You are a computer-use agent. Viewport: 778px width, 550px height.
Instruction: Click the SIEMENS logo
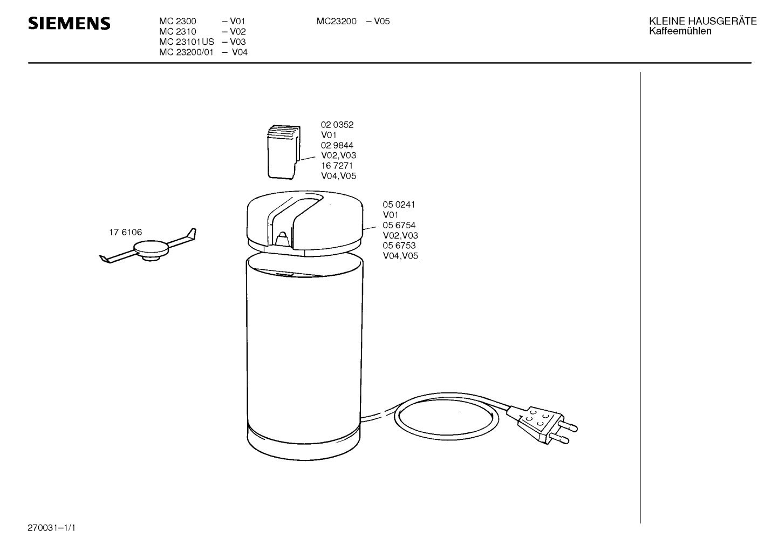coord(69,24)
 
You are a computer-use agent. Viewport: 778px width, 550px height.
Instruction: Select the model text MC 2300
coord(178,21)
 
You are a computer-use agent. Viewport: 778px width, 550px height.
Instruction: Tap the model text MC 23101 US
coord(187,42)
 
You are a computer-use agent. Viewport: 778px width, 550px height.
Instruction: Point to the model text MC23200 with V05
coord(353,21)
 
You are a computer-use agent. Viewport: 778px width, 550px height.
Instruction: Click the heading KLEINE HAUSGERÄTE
coord(702,21)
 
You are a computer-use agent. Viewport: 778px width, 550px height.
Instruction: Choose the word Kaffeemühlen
coord(680,31)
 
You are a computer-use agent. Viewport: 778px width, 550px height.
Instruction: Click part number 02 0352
coord(337,125)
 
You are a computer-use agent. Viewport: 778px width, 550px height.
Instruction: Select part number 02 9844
coord(337,145)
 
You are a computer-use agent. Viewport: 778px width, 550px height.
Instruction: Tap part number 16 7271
coord(337,166)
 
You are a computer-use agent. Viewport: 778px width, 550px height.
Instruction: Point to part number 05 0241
coord(399,205)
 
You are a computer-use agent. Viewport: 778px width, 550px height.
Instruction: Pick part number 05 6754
coord(399,225)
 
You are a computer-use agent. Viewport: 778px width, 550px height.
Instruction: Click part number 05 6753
coord(399,246)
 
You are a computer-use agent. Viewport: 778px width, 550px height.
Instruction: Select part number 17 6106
coord(125,232)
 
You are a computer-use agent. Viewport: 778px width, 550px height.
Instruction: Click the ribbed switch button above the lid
coord(283,152)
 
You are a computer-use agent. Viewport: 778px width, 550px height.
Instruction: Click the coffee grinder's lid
coord(305,223)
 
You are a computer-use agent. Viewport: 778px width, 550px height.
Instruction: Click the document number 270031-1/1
coord(51,528)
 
